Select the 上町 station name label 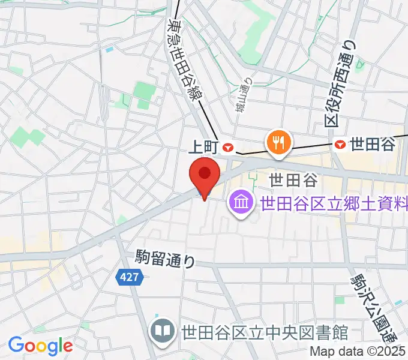(205, 146)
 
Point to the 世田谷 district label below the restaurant (292, 179)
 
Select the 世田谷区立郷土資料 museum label (334, 203)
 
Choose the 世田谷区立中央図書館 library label (265, 331)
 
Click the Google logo (40, 346)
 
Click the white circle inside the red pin (204, 173)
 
